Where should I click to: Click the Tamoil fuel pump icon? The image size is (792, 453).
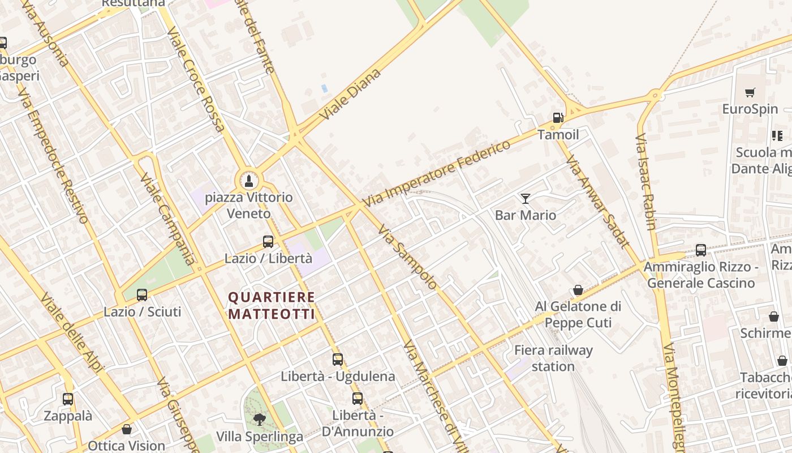click(x=558, y=118)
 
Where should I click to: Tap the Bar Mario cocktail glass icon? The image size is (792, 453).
click(x=526, y=198)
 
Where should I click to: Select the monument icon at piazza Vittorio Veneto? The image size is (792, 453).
click(x=248, y=181)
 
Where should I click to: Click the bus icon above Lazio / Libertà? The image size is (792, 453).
click(x=268, y=242)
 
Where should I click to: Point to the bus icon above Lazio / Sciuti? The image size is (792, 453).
click(x=142, y=294)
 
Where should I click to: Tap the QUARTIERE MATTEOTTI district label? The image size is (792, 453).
click(x=272, y=305)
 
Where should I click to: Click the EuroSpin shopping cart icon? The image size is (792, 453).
click(x=750, y=92)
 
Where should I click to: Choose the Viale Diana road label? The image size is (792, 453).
click(x=350, y=94)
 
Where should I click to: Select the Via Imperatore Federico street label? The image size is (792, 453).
click(x=436, y=173)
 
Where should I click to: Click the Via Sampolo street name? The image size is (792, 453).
click(x=407, y=257)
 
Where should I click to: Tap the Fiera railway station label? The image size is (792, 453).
click(x=553, y=358)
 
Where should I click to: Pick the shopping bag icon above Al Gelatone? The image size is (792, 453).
click(x=578, y=290)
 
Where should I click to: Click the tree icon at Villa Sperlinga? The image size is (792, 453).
click(x=260, y=420)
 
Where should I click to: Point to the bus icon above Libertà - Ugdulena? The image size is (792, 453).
click(x=338, y=359)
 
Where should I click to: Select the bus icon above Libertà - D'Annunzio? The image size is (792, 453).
click(x=358, y=398)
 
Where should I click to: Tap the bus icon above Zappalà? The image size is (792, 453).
click(x=68, y=399)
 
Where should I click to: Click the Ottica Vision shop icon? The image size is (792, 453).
click(x=127, y=429)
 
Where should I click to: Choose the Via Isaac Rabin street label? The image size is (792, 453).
click(x=645, y=181)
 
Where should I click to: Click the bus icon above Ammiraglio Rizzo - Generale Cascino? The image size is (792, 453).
click(x=701, y=250)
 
